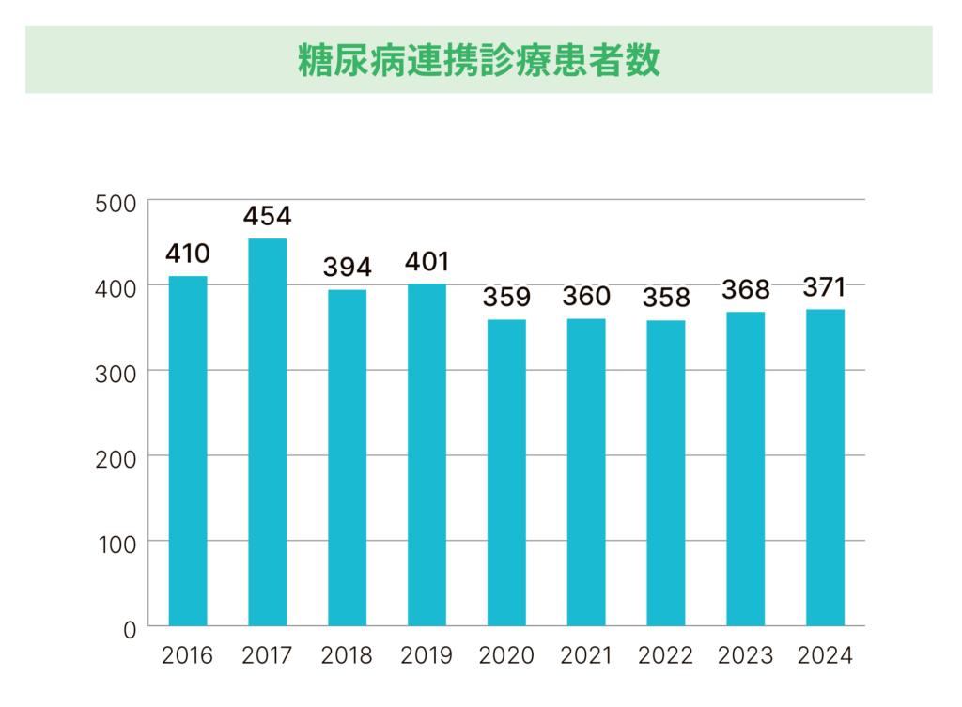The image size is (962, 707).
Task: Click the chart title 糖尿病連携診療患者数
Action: click(479, 59)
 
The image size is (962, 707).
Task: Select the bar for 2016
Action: click(188, 451)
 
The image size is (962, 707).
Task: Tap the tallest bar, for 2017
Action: click(268, 432)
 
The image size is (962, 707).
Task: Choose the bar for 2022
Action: click(666, 473)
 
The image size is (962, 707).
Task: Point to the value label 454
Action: click(268, 216)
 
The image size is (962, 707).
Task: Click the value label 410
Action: click(188, 254)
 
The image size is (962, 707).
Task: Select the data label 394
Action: click(348, 267)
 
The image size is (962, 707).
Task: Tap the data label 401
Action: click(427, 261)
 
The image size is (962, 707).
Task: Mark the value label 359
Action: click(506, 297)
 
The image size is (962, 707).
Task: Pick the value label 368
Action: click(746, 289)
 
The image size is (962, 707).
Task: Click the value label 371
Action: click(825, 286)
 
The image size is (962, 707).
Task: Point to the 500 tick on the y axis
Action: click(116, 203)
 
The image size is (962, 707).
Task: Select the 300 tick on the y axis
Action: click(116, 373)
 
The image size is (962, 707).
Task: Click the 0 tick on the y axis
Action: click(129, 628)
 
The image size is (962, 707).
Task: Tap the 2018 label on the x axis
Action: click(348, 655)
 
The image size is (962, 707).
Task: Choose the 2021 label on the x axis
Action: click(586, 655)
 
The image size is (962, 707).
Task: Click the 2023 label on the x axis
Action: click(746, 655)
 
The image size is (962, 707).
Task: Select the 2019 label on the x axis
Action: click(427, 655)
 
